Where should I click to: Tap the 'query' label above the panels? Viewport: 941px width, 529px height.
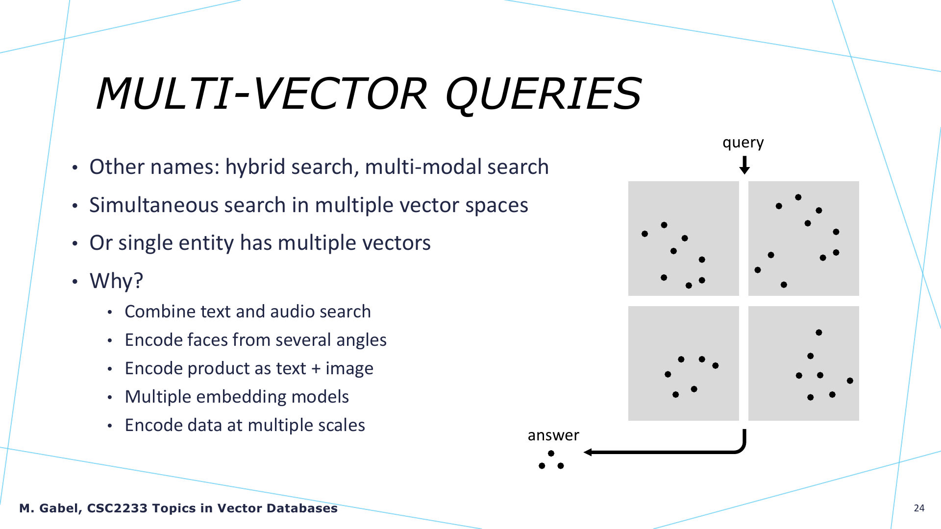(743, 143)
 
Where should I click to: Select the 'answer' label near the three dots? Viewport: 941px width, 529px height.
(553, 435)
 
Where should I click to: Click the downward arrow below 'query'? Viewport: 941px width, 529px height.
(744, 165)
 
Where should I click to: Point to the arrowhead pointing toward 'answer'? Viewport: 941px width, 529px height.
(588, 452)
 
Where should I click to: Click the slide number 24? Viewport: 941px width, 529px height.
(919, 508)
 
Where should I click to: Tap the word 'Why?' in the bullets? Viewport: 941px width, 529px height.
(116, 281)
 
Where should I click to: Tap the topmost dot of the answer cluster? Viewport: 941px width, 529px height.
(551, 454)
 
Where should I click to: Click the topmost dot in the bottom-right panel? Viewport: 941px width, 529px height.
(818, 333)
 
